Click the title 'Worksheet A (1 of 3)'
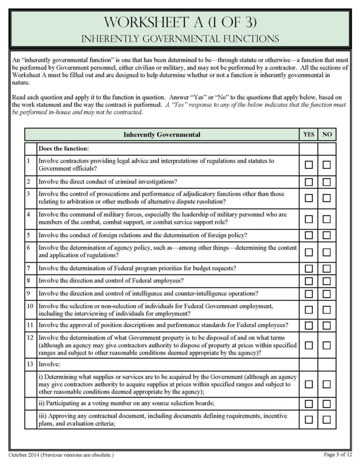point(180,22)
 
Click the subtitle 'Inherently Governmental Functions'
point(180,38)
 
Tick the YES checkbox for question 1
point(309,165)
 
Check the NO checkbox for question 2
point(327,182)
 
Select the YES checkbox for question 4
point(309,219)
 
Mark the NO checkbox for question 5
point(327,235)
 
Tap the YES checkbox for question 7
point(309,269)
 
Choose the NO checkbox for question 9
point(327,294)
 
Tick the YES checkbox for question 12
point(309,345)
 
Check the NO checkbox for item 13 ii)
point(327,404)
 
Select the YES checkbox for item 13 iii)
point(309,420)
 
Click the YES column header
point(309,135)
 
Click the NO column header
point(327,135)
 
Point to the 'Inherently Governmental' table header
point(162,135)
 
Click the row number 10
point(30,306)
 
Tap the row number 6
point(29,248)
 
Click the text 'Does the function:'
point(63,149)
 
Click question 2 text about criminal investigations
point(111,182)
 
